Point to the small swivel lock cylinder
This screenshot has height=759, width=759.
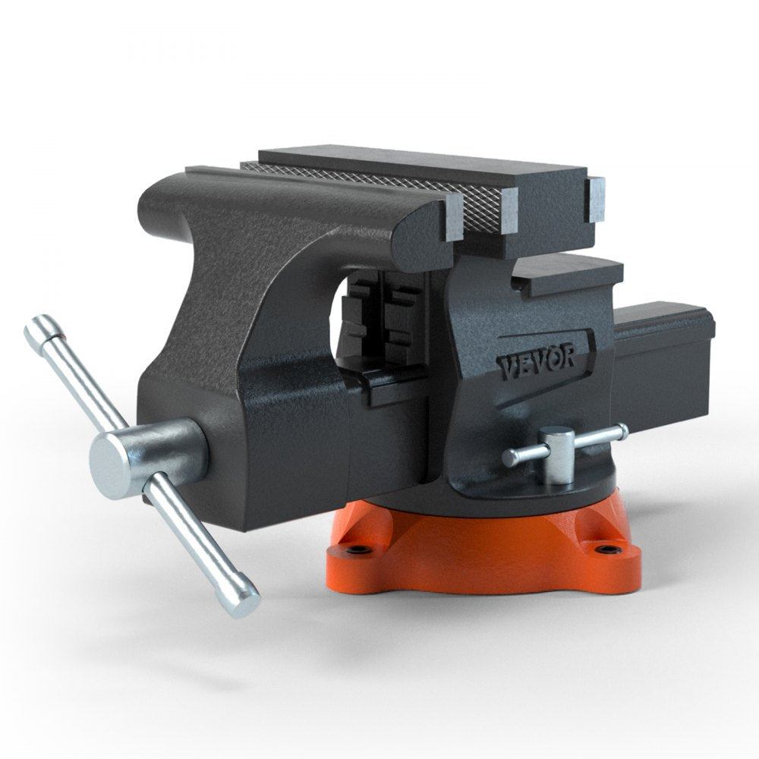[x=558, y=455]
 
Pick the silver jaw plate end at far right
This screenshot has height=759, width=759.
[x=597, y=200]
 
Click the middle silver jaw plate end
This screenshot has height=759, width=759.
[x=509, y=209]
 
